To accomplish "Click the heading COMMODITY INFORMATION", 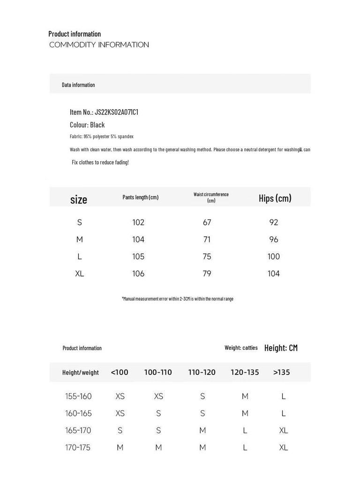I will (99, 45).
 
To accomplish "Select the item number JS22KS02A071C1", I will (116, 112).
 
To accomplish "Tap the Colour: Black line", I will (87, 125).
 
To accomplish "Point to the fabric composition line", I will (102, 136).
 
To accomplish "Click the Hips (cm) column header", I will (275, 198).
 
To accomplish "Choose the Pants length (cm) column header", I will (140, 197).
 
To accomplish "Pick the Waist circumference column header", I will (211, 197).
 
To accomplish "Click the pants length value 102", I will (138, 222).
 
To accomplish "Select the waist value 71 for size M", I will (207, 240).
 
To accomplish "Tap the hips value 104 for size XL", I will (274, 274).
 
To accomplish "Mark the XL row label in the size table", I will (80, 274).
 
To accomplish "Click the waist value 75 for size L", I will (207, 256).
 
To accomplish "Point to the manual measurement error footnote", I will (177, 299).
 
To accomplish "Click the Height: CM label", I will (281, 348).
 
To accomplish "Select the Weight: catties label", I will (241, 348).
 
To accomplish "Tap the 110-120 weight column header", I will (202, 372).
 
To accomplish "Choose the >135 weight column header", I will (281, 372).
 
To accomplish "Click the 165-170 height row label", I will (78, 430).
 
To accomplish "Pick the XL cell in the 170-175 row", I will (284, 448).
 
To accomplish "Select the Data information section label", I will (78, 85).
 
